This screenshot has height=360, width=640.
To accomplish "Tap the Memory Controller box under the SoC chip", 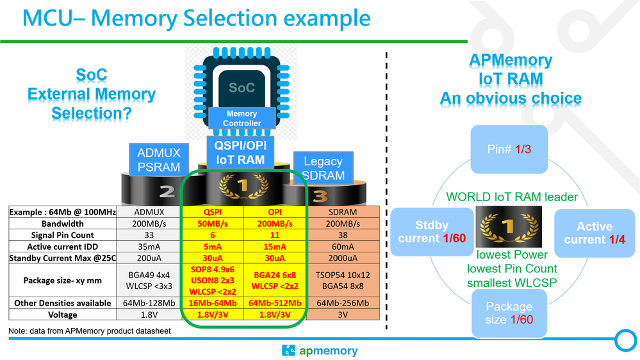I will point(242,119).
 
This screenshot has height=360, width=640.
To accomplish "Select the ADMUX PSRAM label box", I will point(159,160).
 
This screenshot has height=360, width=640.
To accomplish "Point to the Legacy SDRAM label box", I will point(324,168).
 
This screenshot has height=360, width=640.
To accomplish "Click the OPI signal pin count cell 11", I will point(274,236).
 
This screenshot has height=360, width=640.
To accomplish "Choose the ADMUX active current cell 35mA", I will point(148,247).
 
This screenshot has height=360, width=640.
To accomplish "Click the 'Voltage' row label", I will point(62,315).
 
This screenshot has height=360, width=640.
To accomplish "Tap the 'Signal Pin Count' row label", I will point(62,236).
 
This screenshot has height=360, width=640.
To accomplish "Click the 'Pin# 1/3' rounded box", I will point(509,149).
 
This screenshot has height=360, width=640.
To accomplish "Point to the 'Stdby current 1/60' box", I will point(424,232).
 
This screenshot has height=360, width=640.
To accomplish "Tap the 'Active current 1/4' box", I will point(594,233).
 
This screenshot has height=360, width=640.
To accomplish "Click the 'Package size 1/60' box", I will point(509,313).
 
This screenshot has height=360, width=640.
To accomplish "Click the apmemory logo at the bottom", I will point(320,350).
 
